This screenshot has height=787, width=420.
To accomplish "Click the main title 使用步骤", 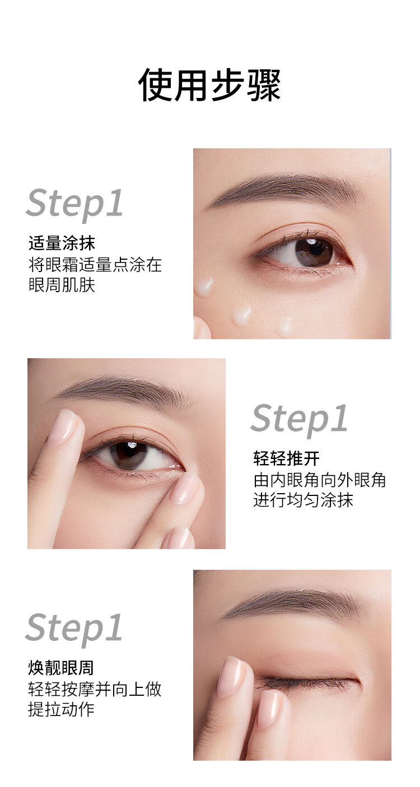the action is tap(210, 86).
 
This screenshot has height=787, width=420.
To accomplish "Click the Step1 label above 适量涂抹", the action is tap(74, 204).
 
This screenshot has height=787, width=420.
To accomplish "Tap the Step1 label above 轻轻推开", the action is tap(299, 419).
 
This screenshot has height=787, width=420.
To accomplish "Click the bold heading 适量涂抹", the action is tap(62, 243).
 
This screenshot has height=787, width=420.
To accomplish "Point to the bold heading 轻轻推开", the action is tap(287, 458).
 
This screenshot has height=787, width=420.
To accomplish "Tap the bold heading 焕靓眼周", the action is tap(61, 668).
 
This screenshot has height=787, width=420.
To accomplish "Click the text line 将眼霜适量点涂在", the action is tap(95, 265).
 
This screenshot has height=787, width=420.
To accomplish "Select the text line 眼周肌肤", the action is tap(62, 285).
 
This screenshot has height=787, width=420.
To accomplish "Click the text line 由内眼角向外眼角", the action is tap(320, 480).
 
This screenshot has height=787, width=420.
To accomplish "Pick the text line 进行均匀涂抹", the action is tap(303, 500).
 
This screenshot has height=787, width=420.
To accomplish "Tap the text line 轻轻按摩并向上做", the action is tap(95, 690).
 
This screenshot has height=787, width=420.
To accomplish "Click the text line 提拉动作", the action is tap(61, 710).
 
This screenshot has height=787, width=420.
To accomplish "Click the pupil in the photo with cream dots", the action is tap(312, 251).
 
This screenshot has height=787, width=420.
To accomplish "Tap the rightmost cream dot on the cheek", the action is tap(284, 325).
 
